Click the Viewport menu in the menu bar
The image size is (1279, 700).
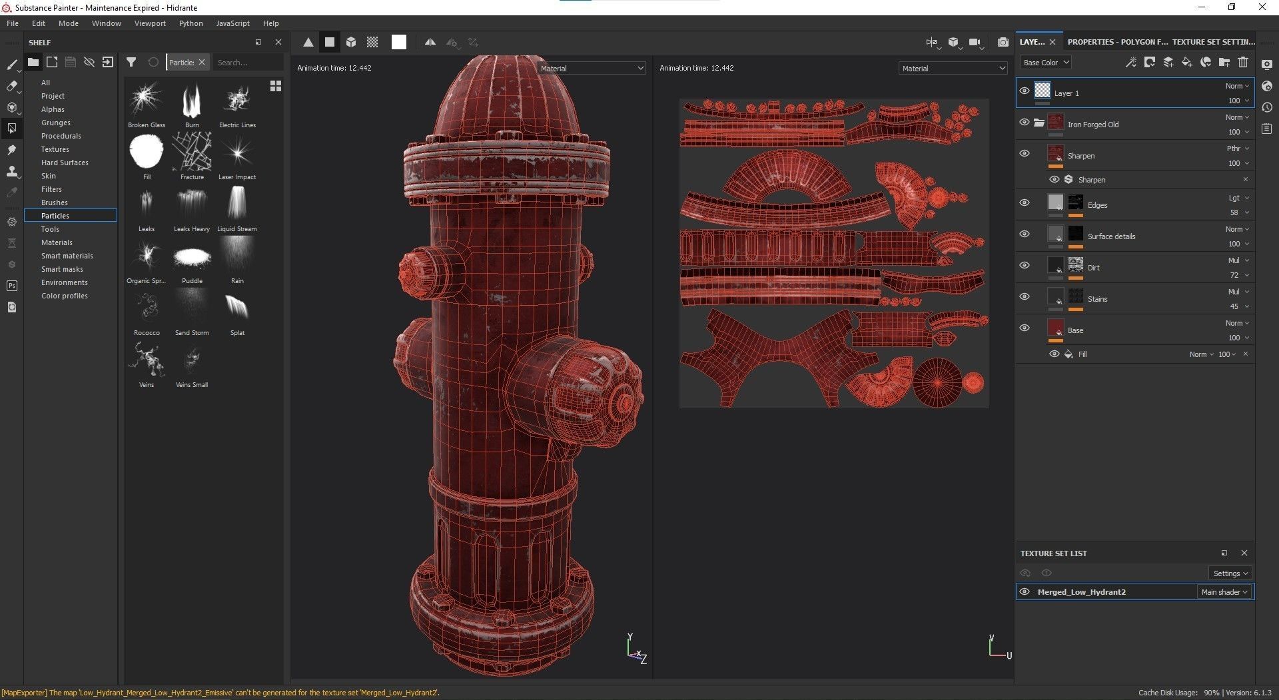(150, 23)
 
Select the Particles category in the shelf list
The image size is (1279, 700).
(55, 216)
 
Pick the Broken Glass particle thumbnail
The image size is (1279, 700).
(146, 101)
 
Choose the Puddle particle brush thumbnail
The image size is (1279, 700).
(192, 258)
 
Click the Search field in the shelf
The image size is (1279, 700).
(248, 63)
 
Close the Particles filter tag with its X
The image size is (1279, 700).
(202, 63)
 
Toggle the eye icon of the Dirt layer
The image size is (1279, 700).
(1025, 265)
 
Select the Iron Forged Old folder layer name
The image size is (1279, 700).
(1093, 125)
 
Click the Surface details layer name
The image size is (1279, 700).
(1111, 236)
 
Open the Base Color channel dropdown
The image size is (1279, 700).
(1046, 63)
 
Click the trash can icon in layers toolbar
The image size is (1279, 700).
(1243, 63)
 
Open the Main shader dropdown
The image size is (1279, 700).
(1224, 592)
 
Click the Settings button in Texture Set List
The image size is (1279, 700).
(1230, 573)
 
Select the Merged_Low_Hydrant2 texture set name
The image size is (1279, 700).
(1081, 592)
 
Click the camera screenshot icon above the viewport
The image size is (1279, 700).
(1003, 43)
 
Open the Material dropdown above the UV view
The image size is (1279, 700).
(953, 69)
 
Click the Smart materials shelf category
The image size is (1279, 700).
(67, 256)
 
